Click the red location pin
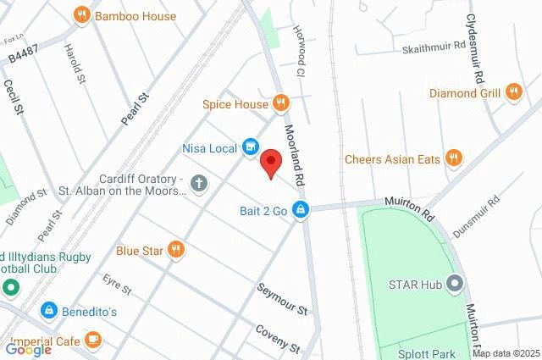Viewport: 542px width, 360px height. click(270, 162)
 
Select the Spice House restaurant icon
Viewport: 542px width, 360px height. click(282, 104)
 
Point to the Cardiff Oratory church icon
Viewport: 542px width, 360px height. click(198, 182)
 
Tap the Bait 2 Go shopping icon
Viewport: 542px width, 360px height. click(300, 209)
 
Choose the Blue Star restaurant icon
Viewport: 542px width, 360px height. click(176, 249)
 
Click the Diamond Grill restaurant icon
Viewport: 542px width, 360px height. click(513, 92)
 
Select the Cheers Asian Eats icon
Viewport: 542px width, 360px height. click(454, 158)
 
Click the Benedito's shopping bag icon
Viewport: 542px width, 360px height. click(49, 311)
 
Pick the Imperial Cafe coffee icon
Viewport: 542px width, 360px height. click(92, 341)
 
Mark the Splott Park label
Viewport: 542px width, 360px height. click(429, 353)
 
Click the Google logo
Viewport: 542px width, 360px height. click(28, 349)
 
